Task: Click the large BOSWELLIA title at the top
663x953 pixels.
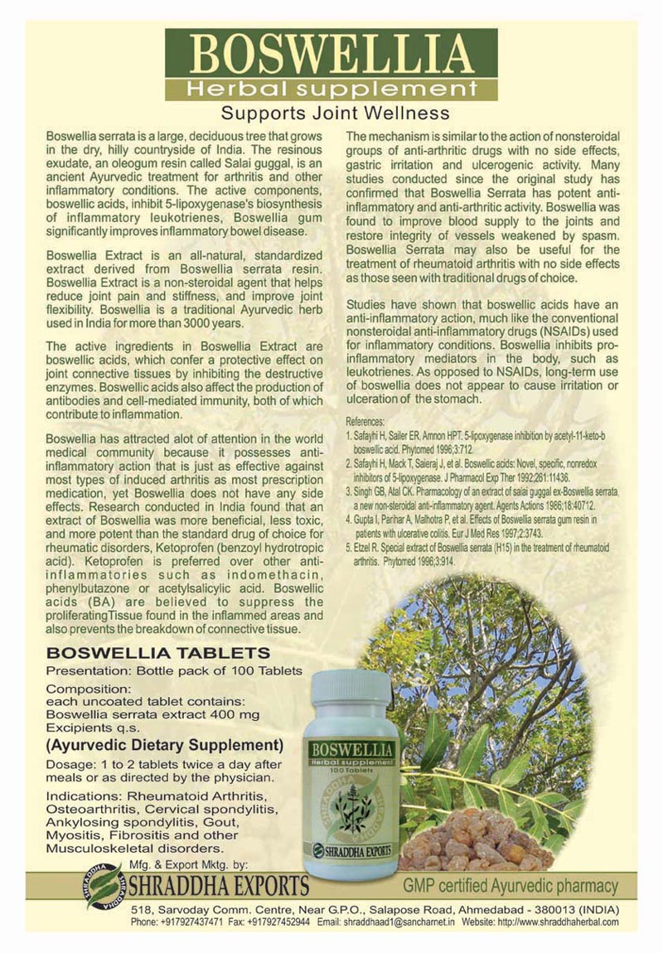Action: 331,55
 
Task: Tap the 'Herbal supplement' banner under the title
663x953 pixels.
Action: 331,89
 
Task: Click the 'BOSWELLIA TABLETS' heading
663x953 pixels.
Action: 157,653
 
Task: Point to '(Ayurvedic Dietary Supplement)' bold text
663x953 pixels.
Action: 165,744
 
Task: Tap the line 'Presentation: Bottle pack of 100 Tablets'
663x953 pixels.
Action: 174,670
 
